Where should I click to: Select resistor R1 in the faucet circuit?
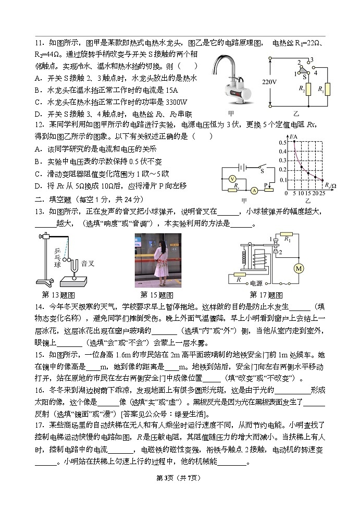[326, 90]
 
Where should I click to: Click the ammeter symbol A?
[254, 191]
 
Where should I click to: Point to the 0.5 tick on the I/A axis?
[283, 142]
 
